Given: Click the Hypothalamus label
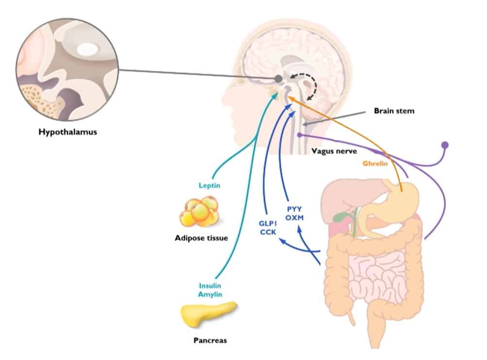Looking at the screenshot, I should pyautogui.click(x=68, y=131).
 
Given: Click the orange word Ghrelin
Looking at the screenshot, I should pyautogui.click(x=376, y=164).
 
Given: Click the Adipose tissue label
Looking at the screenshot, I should pyautogui.click(x=201, y=238).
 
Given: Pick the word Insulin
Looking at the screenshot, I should pyautogui.click(x=210, y=285).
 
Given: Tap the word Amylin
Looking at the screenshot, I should pyautogui.click(x=210, y=295).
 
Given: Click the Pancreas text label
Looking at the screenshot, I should pyautogui.click(x=209, y=340).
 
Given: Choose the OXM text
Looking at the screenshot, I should pyautogui.click(x=294, y=218).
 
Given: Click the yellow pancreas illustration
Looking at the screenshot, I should pyautogui.click(x=208, y=314).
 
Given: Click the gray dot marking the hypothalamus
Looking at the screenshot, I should pyautogui.click(x=279, y=78).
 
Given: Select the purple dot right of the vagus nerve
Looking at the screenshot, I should pyautogui.click(x=444, y=145).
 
